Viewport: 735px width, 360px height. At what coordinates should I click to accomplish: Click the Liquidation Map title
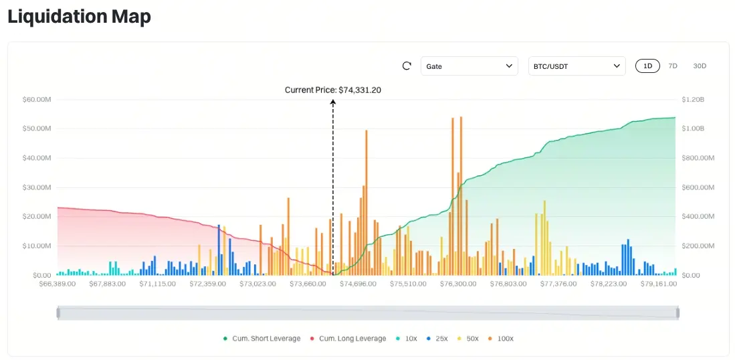[x=79, y=17]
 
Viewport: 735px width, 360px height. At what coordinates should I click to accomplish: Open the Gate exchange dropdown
[x=469, y=66]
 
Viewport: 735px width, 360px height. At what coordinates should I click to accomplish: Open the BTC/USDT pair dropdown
[x=576, y=66]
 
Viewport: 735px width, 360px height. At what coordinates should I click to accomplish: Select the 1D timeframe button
[x=647, y=66]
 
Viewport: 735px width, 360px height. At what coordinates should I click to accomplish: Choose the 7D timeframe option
[x=673, y=66]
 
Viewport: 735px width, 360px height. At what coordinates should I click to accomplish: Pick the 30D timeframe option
[x=700, y=66]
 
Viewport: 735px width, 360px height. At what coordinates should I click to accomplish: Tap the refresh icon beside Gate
[x=407, y=66]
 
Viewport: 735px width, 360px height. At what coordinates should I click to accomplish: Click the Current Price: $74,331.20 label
[x=333, y=90]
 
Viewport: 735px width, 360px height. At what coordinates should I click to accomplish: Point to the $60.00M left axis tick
[x=37, y=100]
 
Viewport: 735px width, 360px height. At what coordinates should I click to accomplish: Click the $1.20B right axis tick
[x=693, y=100]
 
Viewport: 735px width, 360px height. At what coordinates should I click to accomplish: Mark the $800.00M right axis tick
[x=698, y=158]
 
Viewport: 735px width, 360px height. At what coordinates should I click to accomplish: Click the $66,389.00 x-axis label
[x=58, y=284]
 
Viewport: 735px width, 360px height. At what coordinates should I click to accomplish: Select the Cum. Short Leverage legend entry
[x=261, y=339]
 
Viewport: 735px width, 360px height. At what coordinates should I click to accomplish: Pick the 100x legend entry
[x=502, y=339]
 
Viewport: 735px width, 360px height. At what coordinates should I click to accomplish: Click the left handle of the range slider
[x=58, y=312]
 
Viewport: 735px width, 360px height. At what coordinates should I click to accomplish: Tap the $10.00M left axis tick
[x=37, y=246]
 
